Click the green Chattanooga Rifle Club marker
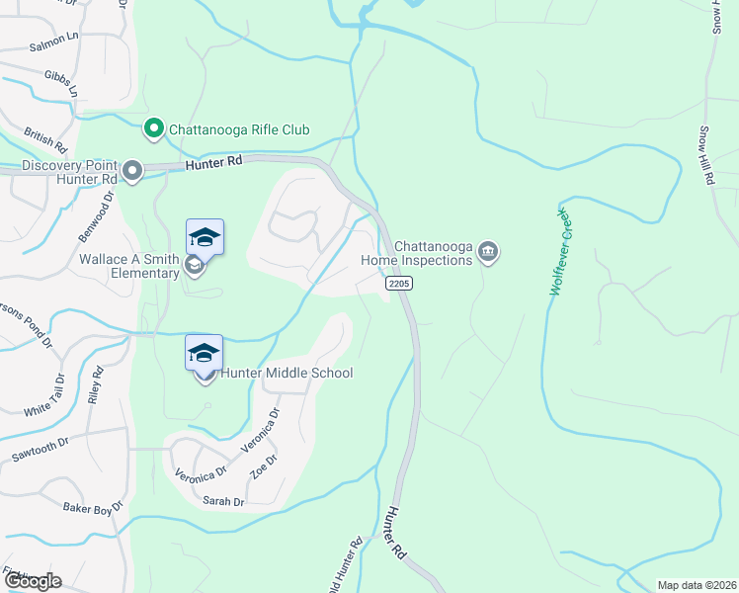click(x=153, y=128)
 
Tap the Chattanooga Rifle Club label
click(x=239, y=129)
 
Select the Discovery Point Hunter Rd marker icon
click(x=132, y=172)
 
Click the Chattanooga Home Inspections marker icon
click(x=487, y=253)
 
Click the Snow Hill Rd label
click(x=706, y=155)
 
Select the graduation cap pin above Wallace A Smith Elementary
click(x=205, y=238)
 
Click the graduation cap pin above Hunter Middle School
click(x=205, y=353)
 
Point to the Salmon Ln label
click(x=53, y=42)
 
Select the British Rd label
click(x=45, y=140)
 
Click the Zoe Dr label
click(x=264, y=466)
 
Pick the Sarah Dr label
click(x=223, y=502)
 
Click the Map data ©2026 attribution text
click(x=697, y=585)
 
